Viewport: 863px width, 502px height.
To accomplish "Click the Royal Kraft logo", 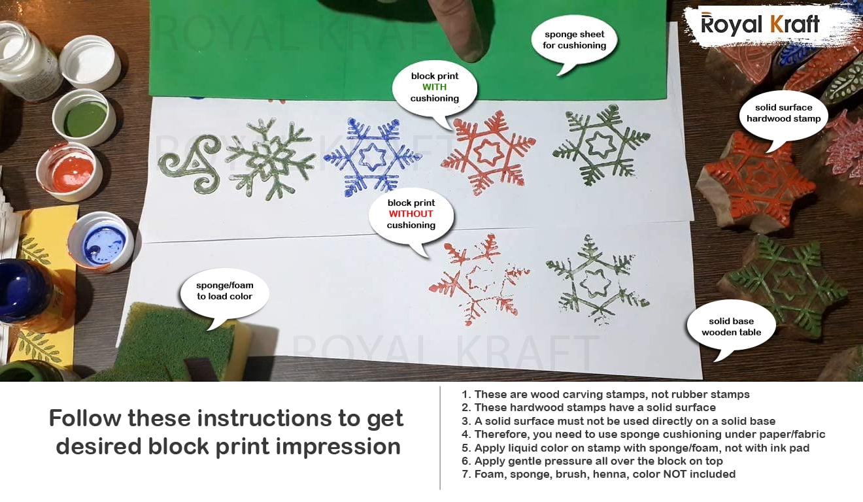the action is pyautogui.click(x=760, y=24).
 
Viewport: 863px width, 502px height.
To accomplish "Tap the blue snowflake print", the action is pyautogui.click(x=372, y=157).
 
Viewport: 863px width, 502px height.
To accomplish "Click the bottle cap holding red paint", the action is pyautogui.click(x=70, y=172).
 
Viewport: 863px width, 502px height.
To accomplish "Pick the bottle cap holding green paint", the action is pyautogui.click(x=84, y=118).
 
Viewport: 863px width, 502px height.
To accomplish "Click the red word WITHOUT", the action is pyautogui.click(x=411, y=214).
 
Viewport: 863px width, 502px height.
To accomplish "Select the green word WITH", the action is pyautogui.click(x=434, y=87).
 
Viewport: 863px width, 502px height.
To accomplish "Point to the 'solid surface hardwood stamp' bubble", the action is pyautogui.click(x=783, y=116).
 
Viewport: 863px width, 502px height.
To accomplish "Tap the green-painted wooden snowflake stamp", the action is pyautogui.click(x=782, y=285).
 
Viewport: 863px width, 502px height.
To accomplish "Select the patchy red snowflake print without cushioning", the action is pyautogui.click(x=479, y=278).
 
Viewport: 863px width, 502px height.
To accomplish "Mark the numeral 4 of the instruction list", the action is pyautogui.click(x=465, y=434).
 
